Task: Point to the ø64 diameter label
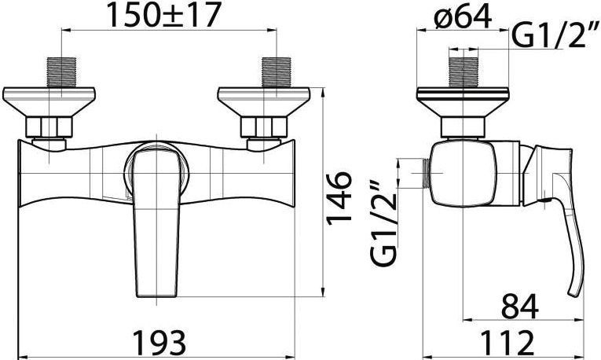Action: tap(466, 15)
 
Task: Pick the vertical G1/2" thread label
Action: tap(381, 224)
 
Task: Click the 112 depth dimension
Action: tap(507, 343)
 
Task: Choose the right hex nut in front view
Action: tap(263, 127)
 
